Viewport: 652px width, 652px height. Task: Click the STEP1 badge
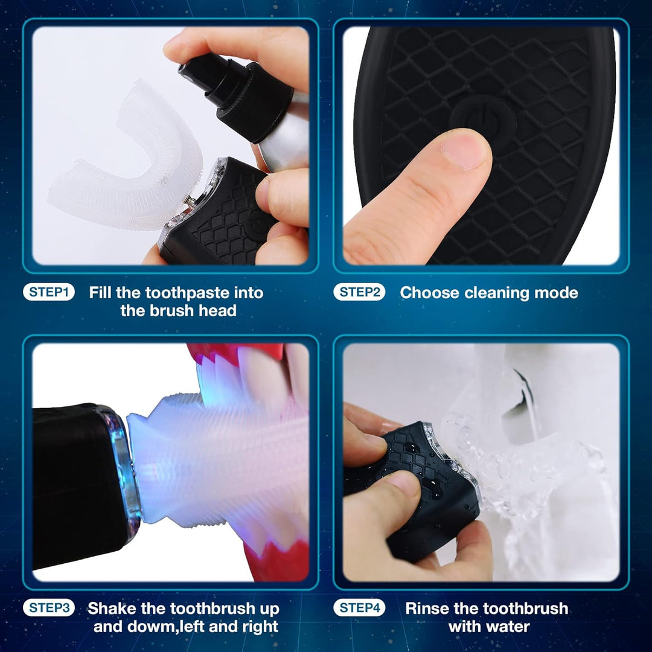pyautogui.click(x=49, y=292)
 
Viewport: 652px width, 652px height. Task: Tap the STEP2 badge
pyautogui.click(x=359, y=292)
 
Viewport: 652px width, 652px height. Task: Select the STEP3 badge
pyautogui.click(x=49, y=608)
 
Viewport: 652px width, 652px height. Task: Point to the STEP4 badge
pyautogui.click(x=359, y=608)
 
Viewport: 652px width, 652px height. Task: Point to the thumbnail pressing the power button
pyautogui.click(x=465, y=149)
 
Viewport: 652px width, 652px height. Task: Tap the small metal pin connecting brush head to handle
pyautogui.click(x=190, y=200)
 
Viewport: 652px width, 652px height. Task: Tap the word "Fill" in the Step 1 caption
pyautogui.click(x=101, y=293)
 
